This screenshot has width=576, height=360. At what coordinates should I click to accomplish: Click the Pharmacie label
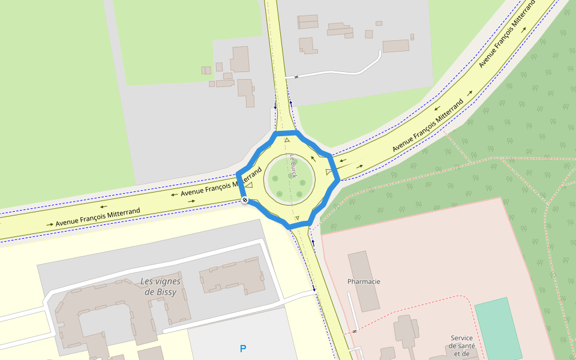click(x=364, y=281)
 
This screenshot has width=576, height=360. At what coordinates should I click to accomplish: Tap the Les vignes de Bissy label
click(x=160, y=287)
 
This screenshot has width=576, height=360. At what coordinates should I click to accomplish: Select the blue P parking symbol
click(x=243, y=349)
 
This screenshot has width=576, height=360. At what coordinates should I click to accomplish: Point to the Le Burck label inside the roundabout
click(x=293, y=166)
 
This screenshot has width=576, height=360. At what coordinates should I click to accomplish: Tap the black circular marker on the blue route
click(x=245, y=200)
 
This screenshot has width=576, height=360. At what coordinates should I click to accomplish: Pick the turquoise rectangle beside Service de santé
click(x=498, y=327)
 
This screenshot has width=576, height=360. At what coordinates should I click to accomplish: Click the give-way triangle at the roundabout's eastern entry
click(x=329, y=173)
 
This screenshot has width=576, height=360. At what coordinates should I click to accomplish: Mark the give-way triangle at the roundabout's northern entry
click(x=287, y=140)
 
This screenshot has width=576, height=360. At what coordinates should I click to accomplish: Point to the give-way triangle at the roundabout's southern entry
click(x=296, y=218)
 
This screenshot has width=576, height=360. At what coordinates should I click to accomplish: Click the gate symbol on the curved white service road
click(x=295, y=77)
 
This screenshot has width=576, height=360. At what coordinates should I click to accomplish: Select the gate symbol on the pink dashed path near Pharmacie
click(x=355, y=331)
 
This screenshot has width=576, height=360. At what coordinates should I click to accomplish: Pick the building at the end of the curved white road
click(x=395, y=46)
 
